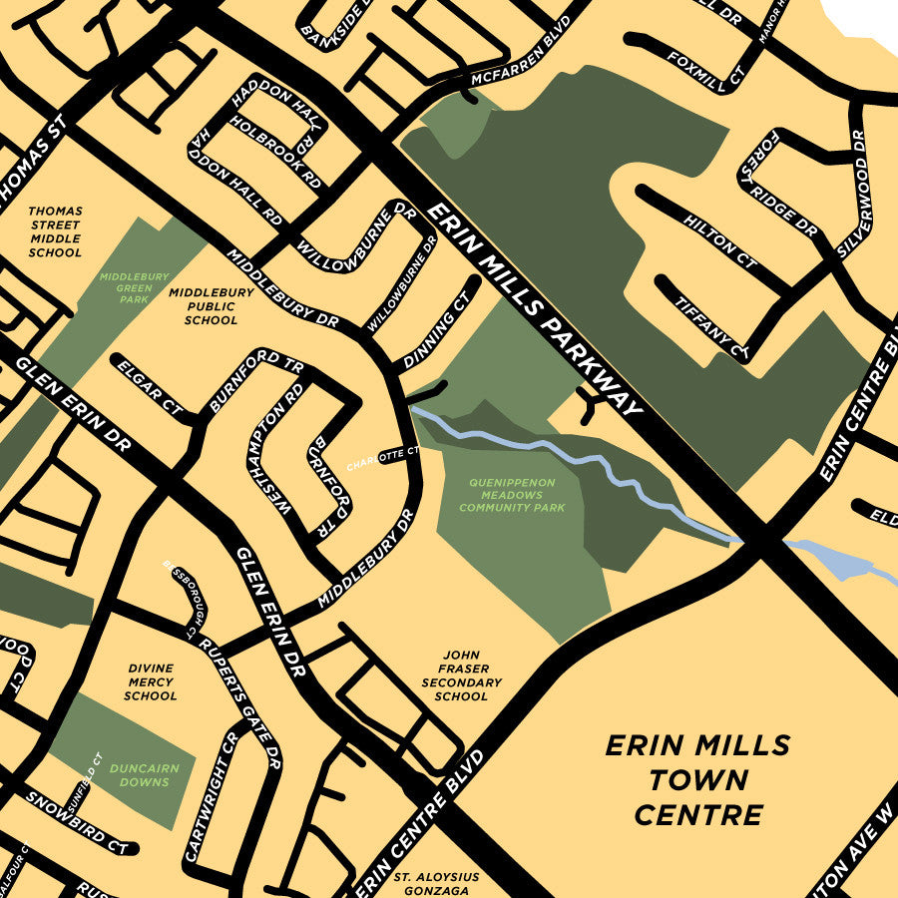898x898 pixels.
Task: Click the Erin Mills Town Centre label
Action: tap(698, 779)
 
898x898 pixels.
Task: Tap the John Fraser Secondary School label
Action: tap(461, 675)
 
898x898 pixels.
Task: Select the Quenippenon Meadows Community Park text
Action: tap(512, 495)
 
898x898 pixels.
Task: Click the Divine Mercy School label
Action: tap(151, 681)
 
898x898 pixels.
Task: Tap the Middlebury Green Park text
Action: tap(134, 286)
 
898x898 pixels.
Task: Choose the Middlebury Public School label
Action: tap(211, 306)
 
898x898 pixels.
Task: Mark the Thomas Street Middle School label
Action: tap(55, 231)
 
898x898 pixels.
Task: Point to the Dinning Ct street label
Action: tap(437, 330)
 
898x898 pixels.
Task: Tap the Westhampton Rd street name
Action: tap(275, 449)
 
